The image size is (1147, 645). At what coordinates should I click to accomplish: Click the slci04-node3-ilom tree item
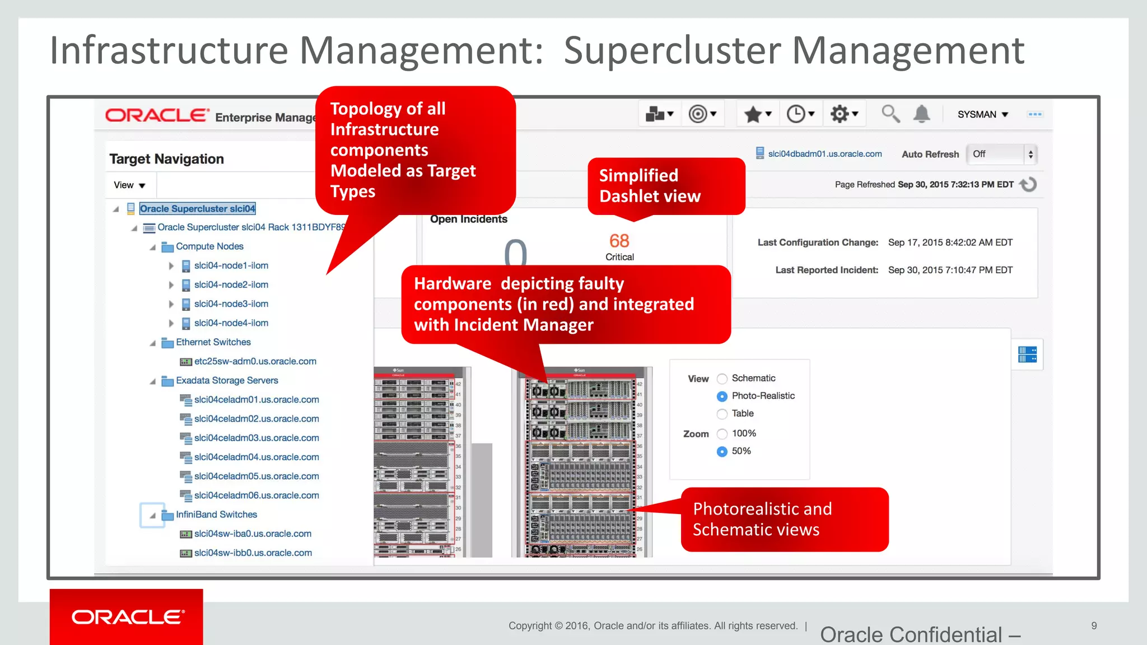click(x=231, y=304)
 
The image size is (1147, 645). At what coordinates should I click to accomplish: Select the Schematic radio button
click(x=722, y=379)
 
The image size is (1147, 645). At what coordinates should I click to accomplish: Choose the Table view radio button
click(x=722, y=414)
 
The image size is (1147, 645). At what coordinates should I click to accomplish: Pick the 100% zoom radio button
click(x=722, y=434)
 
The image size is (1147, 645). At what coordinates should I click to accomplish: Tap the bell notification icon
click(x=921, y=114)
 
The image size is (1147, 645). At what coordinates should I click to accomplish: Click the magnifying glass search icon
click(x=890, y=114)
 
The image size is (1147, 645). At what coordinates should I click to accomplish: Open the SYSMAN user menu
click(x=982, y=114)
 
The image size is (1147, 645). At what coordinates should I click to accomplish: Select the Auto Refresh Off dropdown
click(x=1002, y=155)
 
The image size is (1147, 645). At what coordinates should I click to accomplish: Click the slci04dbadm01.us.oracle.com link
click(x=824, y=154)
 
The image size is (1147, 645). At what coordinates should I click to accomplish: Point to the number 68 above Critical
click(x=619, y=241)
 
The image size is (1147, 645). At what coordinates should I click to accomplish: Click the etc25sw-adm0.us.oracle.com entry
click(x=255, y=362)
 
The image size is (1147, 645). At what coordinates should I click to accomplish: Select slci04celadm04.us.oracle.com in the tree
click(x=256, y=457)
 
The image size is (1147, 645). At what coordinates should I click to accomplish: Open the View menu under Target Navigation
click(x=129, y=185)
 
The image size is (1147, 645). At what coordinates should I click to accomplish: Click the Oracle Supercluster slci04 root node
click(x=197, y=209)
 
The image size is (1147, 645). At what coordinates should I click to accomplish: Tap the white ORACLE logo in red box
click(x=127, y=617)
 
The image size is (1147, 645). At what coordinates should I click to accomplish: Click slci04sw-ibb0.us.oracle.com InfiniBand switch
click(x=253, y=553)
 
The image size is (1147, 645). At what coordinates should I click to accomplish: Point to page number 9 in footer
click(x=1094, y=626)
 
